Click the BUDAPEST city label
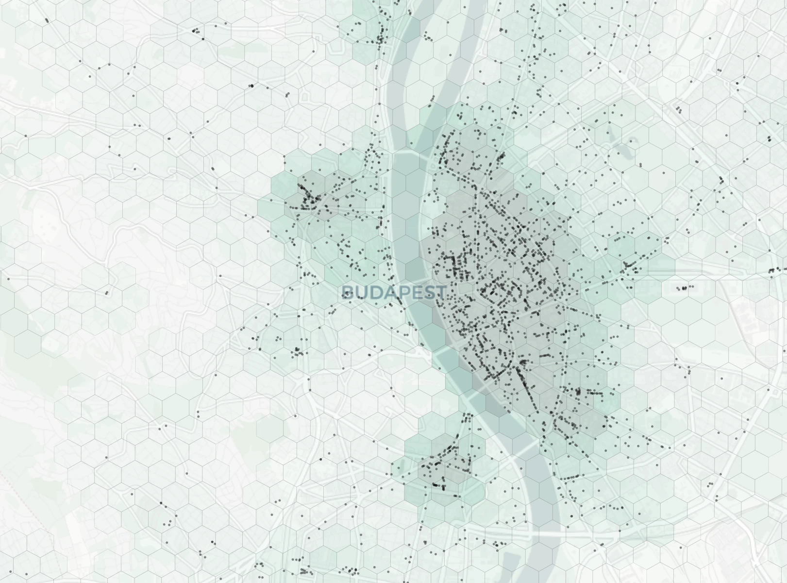394,292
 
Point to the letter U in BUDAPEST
360,292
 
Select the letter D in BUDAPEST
372,292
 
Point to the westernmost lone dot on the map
8,279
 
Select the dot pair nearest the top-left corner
47,20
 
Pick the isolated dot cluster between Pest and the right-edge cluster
684,288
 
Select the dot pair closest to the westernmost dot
107,293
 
